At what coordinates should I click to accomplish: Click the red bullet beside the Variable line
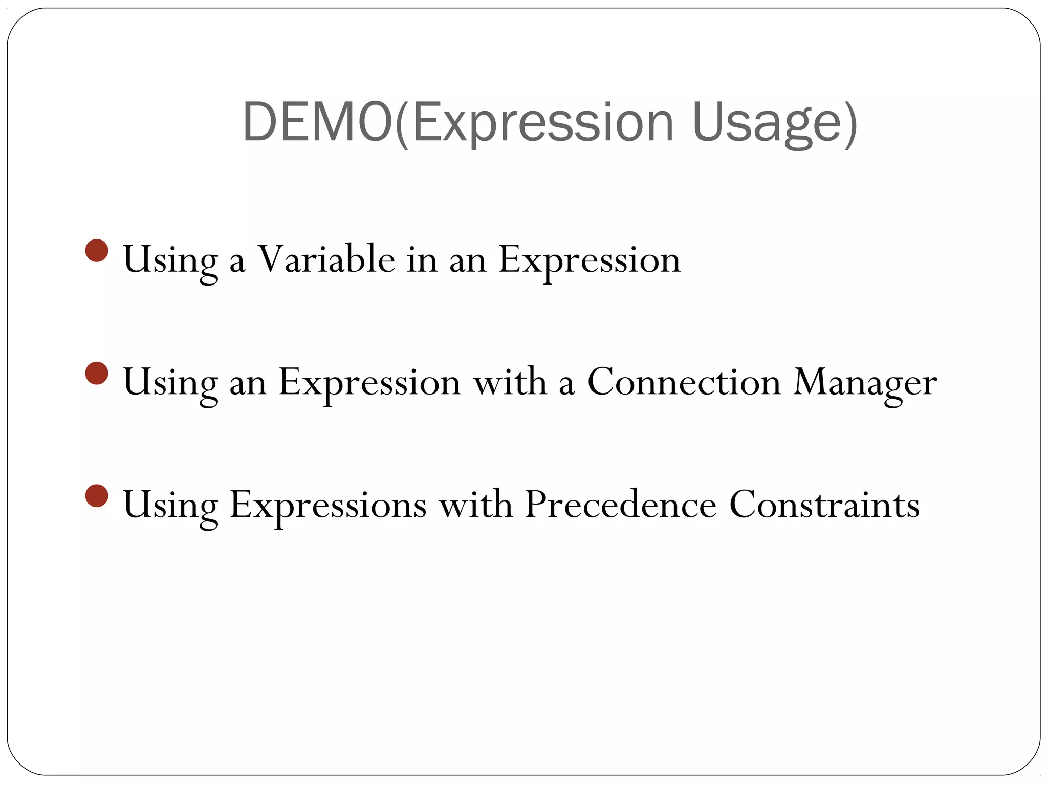pyautogui.click(x=97, y=250)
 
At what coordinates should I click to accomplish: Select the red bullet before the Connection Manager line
pyautogui.click(x=97, y=373)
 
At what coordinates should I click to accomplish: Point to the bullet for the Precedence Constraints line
pyautogui.click(x=97, y=495)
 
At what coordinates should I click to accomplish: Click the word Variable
pyautogui.click(x=325, y=259)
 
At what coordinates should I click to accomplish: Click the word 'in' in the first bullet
pyautogui.click(x=422, y=259)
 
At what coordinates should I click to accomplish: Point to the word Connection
pyautogui.click(x=684, y=382)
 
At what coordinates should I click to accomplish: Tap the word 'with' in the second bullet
pyautogui.click(x=510, y=382)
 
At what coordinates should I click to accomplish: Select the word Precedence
pyautogui.click(x=620, y=505)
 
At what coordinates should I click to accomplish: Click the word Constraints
pyautogui.click(x=824, y=505)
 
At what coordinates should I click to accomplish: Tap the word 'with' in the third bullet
pyautogui.click(x=475, y=505)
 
